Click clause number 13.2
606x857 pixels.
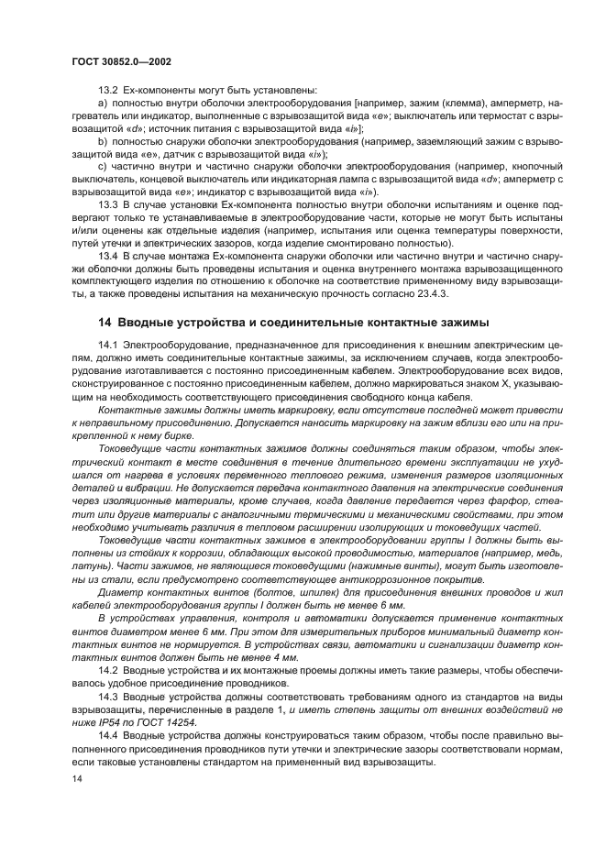[108, 89]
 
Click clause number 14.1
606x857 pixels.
[108, 343]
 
